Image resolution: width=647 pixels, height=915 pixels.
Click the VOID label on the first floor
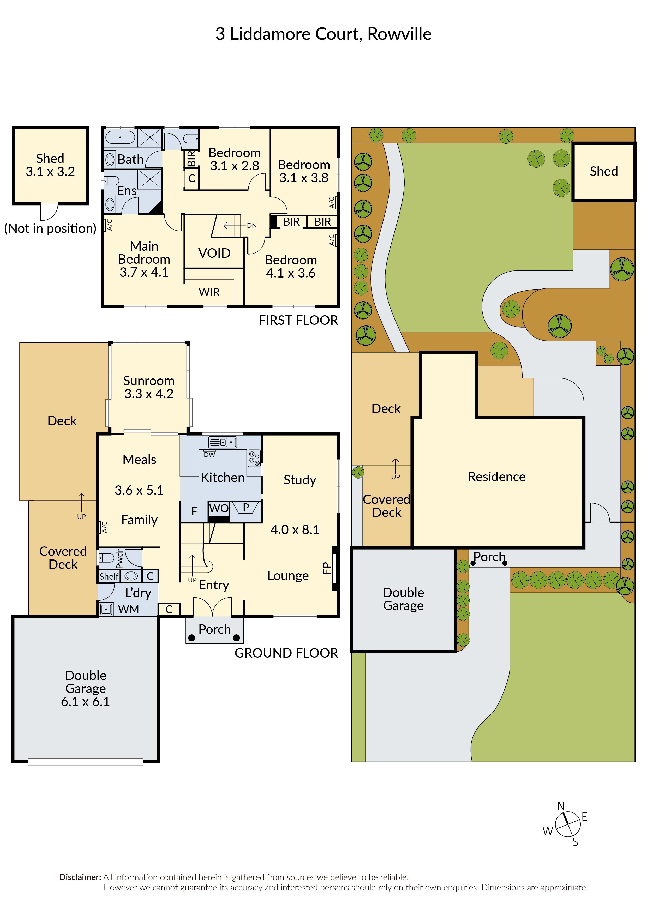coord(214,253)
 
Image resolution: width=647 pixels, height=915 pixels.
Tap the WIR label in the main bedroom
coord(209,292)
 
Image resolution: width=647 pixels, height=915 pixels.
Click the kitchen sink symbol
coord(223,442)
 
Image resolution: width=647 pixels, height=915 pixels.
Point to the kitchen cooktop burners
coord(254,458)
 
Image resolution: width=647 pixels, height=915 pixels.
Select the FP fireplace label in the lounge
coord(326,568)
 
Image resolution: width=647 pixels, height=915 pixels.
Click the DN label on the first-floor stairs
coord(252,226)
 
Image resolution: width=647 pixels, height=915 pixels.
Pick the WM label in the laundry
coord(128,609)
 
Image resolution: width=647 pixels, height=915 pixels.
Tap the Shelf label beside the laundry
coord(109,577)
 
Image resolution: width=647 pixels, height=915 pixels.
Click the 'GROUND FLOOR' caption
coord(286,653)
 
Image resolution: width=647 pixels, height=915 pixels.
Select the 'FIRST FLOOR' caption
coord(298,320)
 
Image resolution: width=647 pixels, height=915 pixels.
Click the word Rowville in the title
coord(399,34)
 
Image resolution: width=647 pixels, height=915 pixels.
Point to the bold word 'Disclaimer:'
coord(80,877)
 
